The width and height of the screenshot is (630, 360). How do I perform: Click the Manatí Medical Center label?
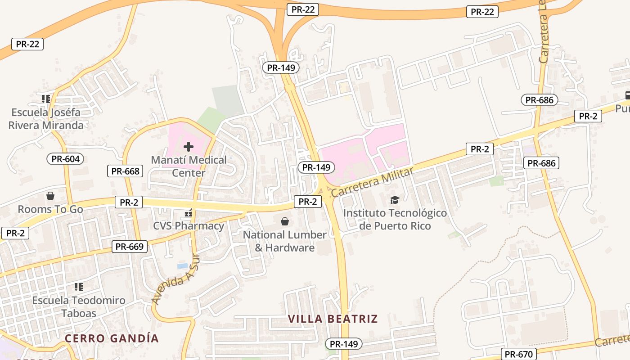[189, 166]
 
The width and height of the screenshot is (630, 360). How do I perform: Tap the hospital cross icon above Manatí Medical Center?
[189, 146]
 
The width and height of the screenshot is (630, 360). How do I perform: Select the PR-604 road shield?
[65, 159]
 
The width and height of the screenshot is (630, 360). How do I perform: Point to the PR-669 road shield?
[130, 247]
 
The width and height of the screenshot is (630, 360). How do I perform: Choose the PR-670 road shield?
[518, 354]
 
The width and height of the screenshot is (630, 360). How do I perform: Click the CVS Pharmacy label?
[189, 226]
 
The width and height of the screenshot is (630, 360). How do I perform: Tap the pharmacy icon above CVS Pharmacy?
[189, 212]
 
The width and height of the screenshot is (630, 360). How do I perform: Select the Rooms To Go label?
[50, 209]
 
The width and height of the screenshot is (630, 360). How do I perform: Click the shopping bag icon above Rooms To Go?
[50, 196]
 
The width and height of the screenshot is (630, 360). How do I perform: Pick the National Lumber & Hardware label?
[284, 241]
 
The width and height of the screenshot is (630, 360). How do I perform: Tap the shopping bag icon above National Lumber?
[284, 221]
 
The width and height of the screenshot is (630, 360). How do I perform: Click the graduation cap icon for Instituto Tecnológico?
[395, 200]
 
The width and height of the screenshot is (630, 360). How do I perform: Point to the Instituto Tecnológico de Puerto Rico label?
[395, 219]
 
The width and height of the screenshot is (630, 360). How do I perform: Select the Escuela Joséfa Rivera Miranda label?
[46, 119]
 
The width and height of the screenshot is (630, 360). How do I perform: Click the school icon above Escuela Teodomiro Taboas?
[79, 287]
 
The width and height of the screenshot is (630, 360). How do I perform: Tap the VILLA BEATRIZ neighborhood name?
[333, 319]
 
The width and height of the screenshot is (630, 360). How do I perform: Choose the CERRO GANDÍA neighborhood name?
[112, 338]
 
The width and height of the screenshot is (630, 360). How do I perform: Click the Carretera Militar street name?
[372, 182]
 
